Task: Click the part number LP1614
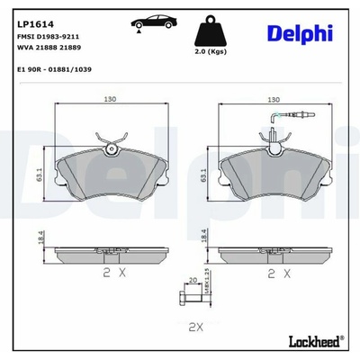[35, 24]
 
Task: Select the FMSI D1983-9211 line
[49, 37]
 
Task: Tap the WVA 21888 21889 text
[49, 48]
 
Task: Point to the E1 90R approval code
[55, 69]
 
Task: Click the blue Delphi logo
[300, 34]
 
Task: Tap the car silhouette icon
[154, 22]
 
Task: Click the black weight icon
[211, 31]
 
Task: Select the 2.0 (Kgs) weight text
[211, 51]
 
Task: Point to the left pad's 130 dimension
[110, 99]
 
